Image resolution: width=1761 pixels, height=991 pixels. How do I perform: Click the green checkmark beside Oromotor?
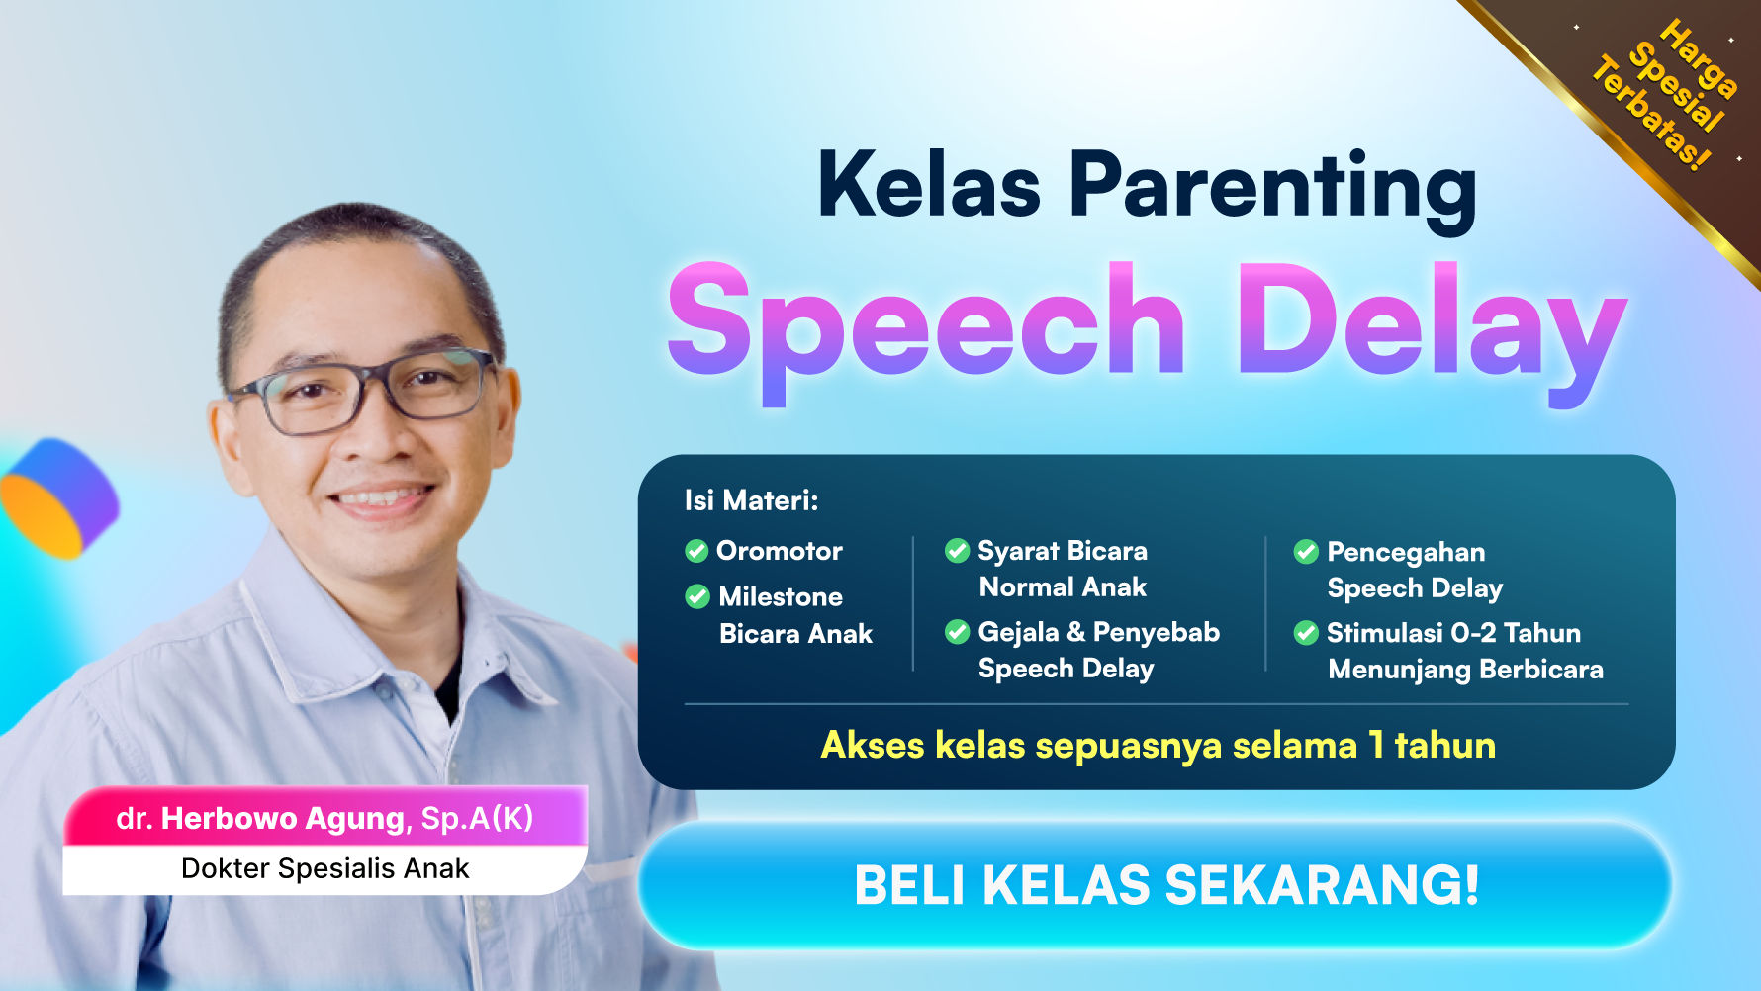(696, 551)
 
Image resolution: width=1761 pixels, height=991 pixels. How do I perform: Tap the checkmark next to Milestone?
(697, 596)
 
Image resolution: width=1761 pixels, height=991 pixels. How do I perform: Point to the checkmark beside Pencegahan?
(1306, 552)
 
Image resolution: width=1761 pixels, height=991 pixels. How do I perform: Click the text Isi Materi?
(751, 500)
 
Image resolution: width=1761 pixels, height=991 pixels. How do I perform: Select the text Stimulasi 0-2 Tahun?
(1452, 633)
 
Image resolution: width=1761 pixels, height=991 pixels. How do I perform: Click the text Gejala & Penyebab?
(1098, 632)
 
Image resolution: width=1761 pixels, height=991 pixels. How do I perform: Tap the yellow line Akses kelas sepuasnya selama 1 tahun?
(1158, 745)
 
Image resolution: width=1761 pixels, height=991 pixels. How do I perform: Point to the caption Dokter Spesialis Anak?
(324, 868)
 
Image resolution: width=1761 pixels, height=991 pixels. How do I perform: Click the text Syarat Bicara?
(1062, 551)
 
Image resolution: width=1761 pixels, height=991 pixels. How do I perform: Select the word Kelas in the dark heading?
(929, 185)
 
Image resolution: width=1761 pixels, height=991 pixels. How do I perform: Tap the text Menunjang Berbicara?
(1464, 670)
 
